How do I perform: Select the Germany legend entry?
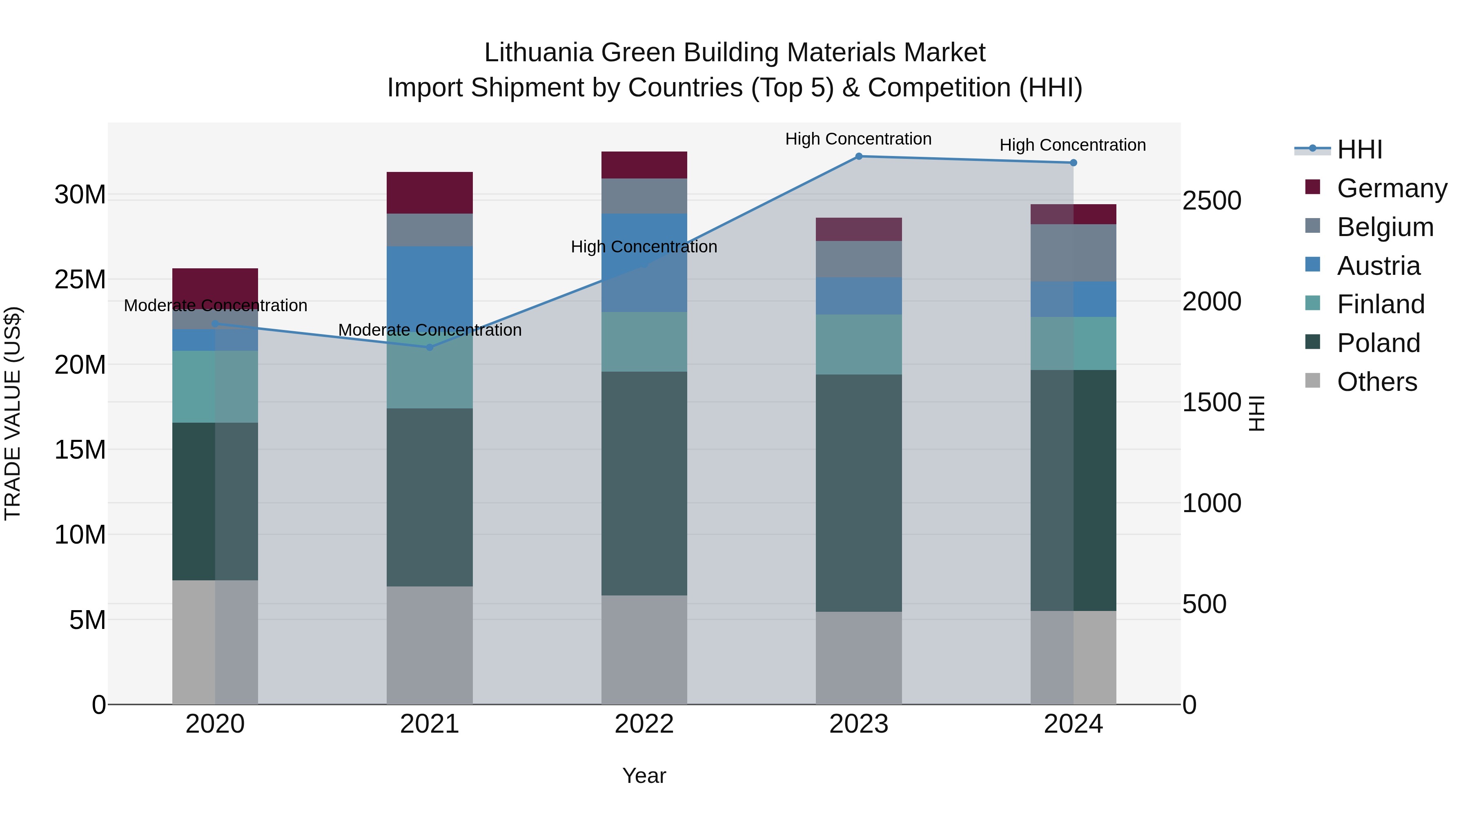(x=1391, y=188)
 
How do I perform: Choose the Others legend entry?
(x=1376, y=382)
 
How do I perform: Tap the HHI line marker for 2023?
(x=859, y=156)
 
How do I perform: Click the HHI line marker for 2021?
(x=430, y=347)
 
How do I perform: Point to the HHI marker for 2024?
(x=1074, y=163)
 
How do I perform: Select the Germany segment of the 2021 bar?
(x=430, y=192)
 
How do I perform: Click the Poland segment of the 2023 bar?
(x=859, y=493)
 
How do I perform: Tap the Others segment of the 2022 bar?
(x=644, y=649)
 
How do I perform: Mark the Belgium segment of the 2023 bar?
(x=859, y=259)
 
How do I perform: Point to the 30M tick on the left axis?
(x=80, y=195)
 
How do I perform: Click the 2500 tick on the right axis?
(x=1212, y=201)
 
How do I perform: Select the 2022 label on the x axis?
(x=644, y=724)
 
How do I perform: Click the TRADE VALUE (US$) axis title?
(x=13, y=413)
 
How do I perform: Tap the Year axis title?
(x=644, y=776)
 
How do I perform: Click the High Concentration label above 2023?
(x=858, y=139)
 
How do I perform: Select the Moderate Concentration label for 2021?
(x=430, y=330)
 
